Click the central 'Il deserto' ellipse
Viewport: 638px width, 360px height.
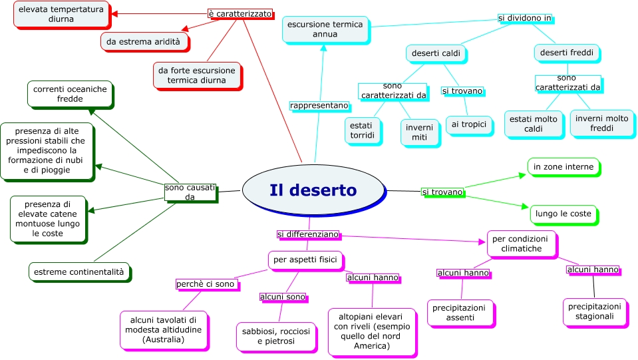313,190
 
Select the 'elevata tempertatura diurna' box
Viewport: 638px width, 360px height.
61,14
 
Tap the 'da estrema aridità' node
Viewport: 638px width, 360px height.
143,41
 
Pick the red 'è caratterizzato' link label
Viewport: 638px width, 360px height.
239,13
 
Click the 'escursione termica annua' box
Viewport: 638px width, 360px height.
325,29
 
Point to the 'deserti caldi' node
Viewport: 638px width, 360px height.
436,53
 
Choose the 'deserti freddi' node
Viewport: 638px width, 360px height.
567,53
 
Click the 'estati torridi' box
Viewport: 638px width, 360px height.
363,130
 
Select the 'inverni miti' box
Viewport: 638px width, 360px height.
419,132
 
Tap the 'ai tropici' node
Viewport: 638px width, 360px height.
469,124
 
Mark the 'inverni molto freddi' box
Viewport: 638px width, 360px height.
601,123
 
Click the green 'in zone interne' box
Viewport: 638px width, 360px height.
563,166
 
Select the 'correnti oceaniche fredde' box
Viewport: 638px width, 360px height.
70,94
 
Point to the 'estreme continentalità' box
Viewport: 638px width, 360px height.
79,271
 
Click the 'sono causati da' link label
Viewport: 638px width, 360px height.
190,192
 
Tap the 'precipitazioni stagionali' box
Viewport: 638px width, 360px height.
595,311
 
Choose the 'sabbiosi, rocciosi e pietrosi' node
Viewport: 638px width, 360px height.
276,336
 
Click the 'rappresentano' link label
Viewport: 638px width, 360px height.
319,106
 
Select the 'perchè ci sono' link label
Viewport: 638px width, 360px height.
206,284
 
